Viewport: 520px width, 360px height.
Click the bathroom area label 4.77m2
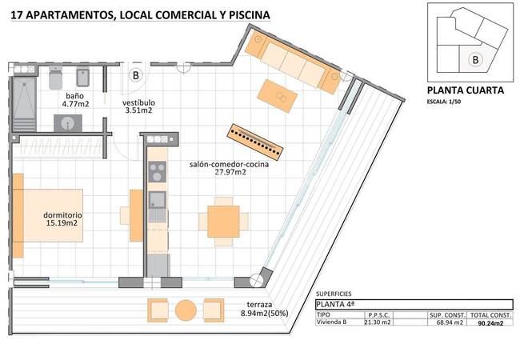tap(77, 103)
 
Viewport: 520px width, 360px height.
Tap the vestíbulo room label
tap(138, 103)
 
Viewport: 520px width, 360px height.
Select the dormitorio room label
tap(62, 215)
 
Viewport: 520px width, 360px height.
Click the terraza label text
tap(261, 305)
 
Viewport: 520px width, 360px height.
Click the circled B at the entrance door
tap(136, 76)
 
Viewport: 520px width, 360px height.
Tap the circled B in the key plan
tap(475, 59)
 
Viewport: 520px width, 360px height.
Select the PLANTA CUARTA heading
tap(465, 90)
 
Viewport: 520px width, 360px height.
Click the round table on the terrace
tap(186, 310)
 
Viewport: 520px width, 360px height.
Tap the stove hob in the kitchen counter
tap(157, 172)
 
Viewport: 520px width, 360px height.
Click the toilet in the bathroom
tap(82, 78)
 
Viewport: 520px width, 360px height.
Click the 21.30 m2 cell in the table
tap(377, 323)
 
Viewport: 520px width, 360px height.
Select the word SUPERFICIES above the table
tap(334, 294)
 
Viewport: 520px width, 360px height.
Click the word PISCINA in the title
tap(246, 14)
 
